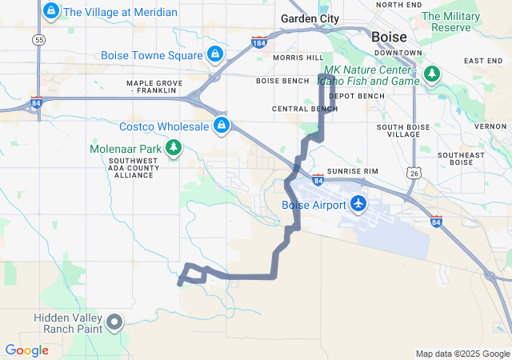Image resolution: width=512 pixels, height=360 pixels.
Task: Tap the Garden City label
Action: [310, 18]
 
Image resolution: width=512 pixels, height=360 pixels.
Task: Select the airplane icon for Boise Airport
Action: [358, 204]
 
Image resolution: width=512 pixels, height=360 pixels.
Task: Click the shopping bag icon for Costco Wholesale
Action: [221, 126]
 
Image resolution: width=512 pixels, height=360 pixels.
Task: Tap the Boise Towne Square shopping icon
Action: [214, 54]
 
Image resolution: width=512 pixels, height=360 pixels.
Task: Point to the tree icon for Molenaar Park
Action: [174, 147]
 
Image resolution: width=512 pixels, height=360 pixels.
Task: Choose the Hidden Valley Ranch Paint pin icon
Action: [114, 323]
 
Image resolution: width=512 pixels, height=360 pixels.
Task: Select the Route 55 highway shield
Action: [38, 38]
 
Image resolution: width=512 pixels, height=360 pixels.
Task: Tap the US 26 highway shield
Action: [413, 172]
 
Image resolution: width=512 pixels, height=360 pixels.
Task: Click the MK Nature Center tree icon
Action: [432, 74]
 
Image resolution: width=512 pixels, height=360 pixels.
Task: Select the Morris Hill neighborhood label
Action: [298, 58]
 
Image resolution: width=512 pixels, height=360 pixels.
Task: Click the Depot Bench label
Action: [357, 96]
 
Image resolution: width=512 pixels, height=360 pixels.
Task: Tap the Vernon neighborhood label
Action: [490, 126]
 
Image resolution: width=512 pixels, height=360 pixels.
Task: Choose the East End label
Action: [483, 61]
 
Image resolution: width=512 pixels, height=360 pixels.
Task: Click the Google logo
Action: [26, 350]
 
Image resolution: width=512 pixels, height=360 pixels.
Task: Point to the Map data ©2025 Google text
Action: [462, 354]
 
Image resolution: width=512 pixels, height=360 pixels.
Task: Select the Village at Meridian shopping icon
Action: [51, 11]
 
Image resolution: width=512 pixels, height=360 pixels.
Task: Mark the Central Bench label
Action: [305, 108]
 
